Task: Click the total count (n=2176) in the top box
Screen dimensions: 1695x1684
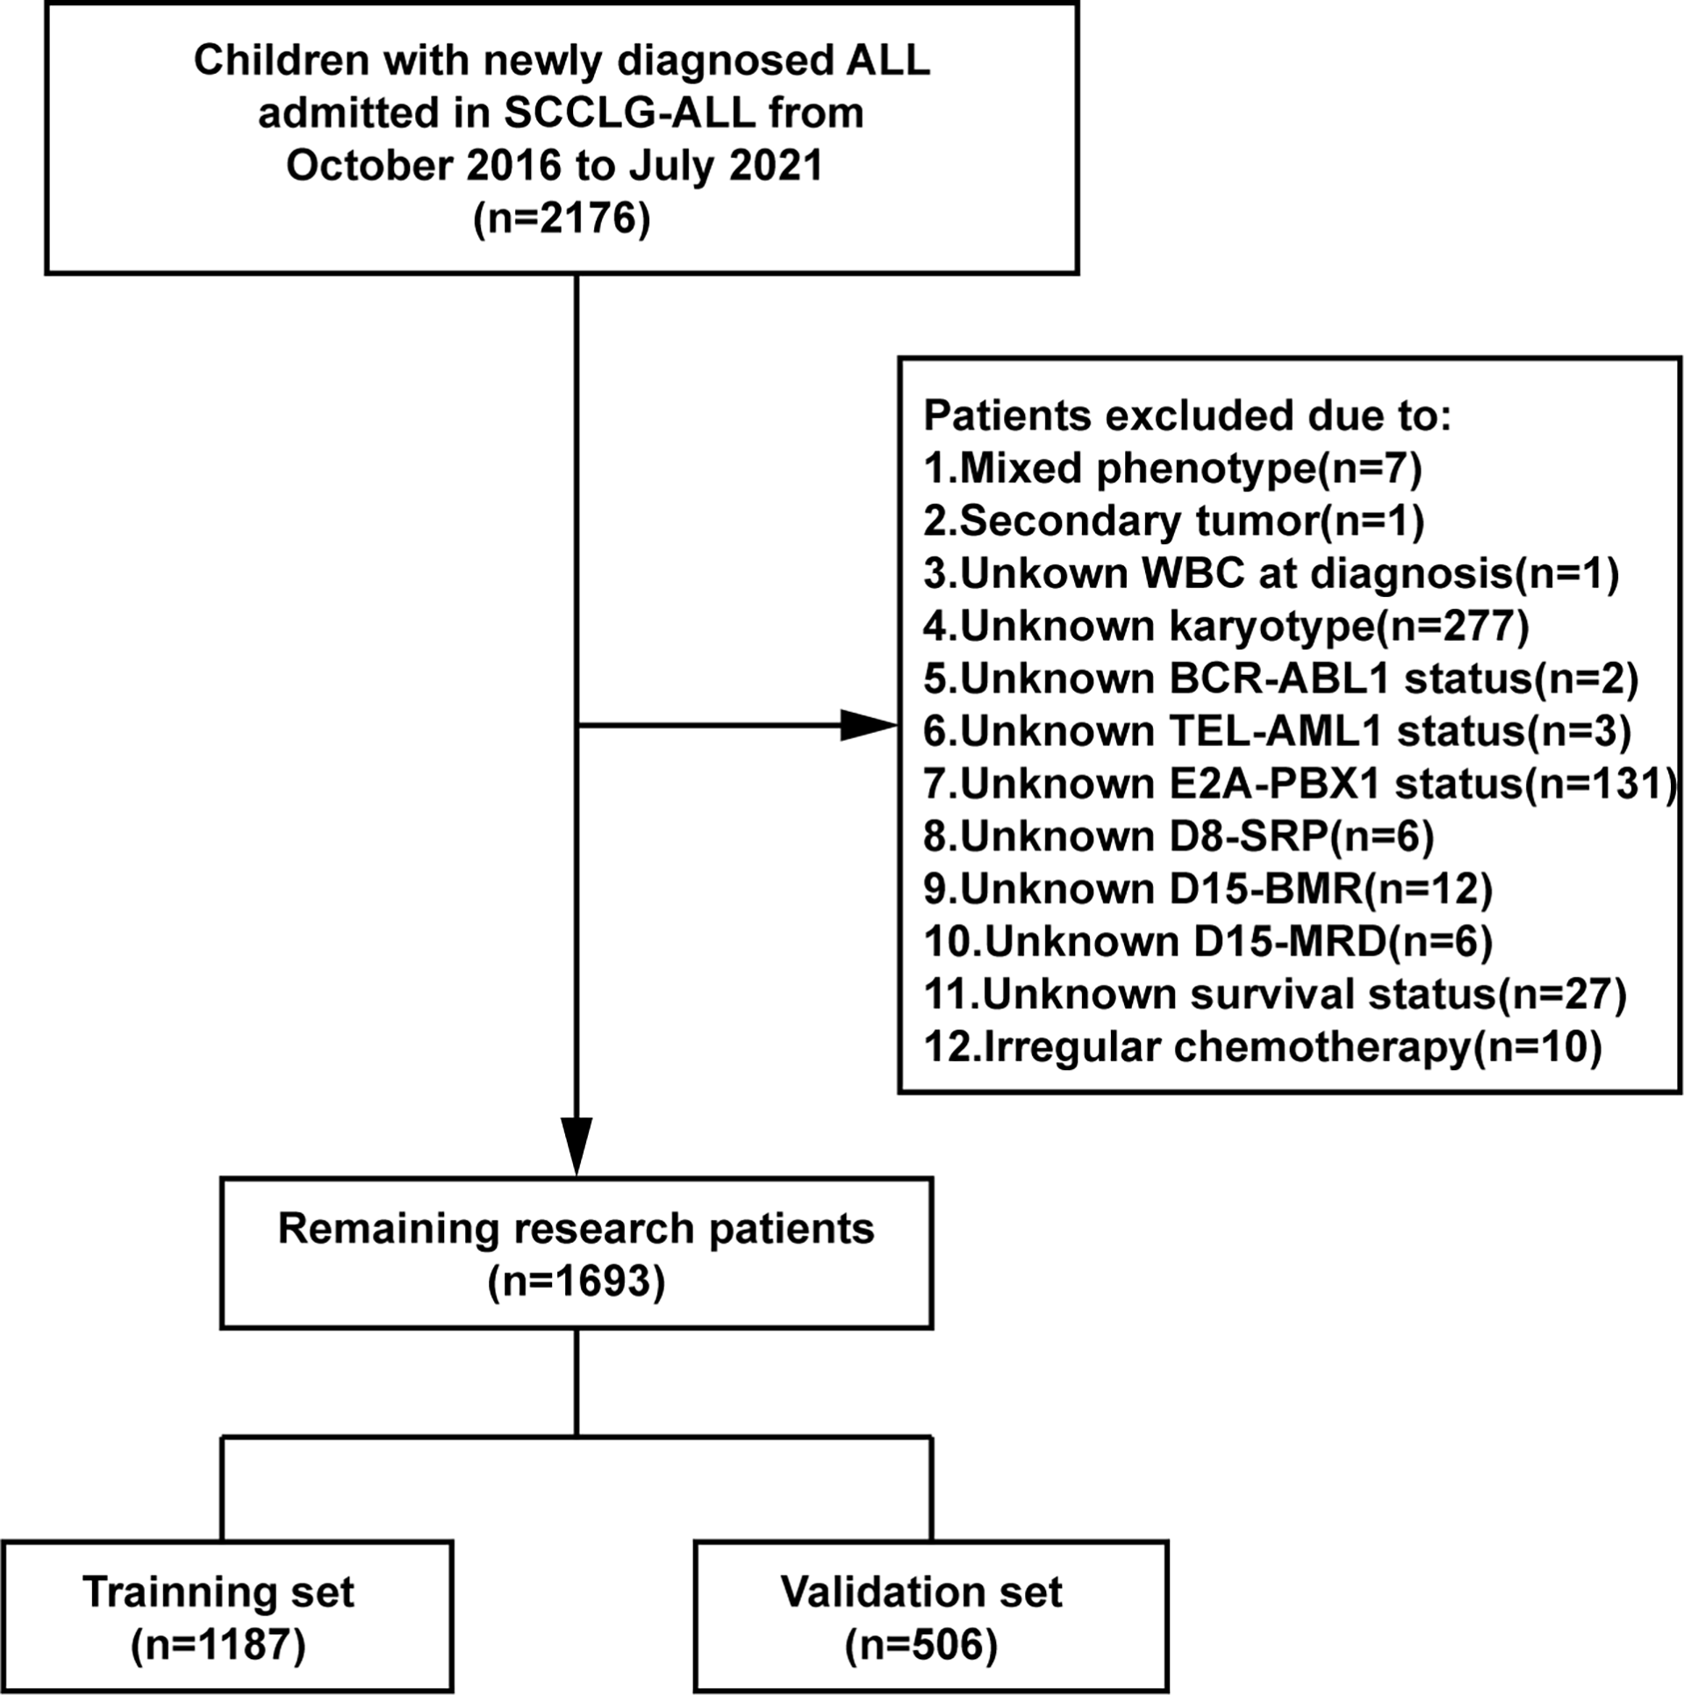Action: point(562,219)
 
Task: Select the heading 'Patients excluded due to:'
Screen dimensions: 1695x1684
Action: point(1187,415)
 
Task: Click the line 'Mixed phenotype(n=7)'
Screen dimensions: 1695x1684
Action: point(1172,468)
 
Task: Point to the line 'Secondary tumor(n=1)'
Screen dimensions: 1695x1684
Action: point(1173,521)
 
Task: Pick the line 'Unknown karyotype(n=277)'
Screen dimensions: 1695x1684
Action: point(1226,626)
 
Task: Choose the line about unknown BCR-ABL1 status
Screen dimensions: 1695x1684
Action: point(1280,679)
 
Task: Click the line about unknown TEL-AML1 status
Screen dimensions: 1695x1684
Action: point(1277,731)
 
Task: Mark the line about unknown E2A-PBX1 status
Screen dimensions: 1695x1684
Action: point(1299,784)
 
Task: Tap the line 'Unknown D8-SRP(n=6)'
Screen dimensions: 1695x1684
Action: point(1179,837)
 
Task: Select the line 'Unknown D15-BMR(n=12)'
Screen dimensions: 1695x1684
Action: point(1207,889)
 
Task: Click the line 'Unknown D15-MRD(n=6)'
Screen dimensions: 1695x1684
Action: point(1207,942)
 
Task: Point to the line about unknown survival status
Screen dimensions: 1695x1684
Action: point(1274,995)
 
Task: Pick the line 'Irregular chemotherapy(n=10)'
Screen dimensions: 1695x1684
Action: point(1262,1047)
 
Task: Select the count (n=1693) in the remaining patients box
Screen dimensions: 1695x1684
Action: point(577,1282)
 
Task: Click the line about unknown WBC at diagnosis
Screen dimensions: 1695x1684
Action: point(1271,573)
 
